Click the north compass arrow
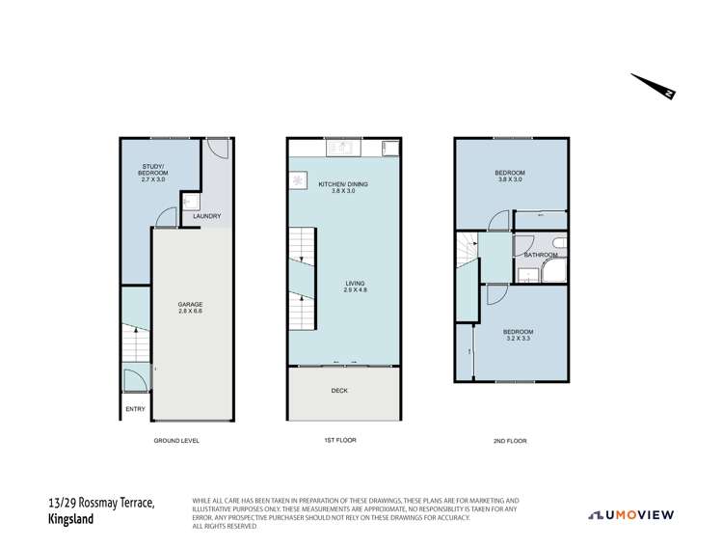pos(654,86)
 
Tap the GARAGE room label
pos(190,308)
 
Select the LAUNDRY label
pos(207,216)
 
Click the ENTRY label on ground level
pos(135,409)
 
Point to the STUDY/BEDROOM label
pos(153,173)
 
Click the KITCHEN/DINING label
pos(343,187)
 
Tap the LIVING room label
pos(355,287)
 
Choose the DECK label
pos(339,391)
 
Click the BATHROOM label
pos(541,255)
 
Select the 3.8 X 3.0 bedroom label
pos(510,176)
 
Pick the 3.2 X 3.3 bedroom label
pos(518,335)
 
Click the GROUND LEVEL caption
pos(176,441)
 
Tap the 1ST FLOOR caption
pos(340,440)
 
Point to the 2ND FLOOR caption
pos(510,441)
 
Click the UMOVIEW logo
pos(630,515)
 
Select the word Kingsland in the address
pos(70,519)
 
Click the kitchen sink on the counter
pos(343,149)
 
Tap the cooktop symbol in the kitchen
pos(298,180)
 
